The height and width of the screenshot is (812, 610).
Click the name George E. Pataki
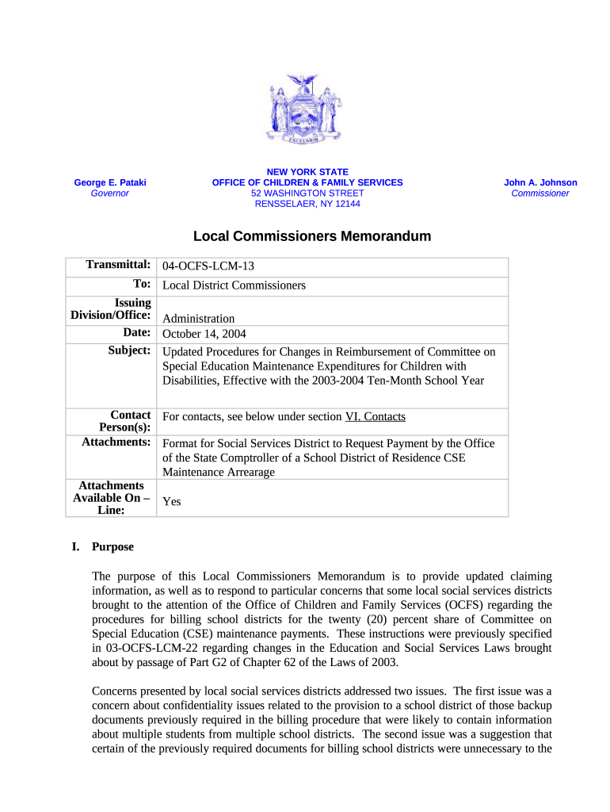coord(110,182)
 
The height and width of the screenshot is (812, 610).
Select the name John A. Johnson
coord(540,182)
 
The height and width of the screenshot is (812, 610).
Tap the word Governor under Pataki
coord(110,193)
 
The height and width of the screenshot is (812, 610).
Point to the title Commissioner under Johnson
coord(540,193)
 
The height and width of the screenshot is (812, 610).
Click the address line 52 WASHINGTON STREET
coord(307,193)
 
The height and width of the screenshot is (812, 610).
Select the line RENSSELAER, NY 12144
coord(307,204)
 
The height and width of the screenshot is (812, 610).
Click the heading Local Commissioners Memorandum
coord(312,236)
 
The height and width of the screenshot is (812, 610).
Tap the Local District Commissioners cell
coord(234,285)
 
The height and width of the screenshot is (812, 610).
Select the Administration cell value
coord(198,318)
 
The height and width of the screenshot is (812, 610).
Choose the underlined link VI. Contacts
coord(376,416)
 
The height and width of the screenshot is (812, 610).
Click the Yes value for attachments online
coord(171,501)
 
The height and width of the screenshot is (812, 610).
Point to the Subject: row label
coord(129,350)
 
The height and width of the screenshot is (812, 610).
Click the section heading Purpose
coord(112,546)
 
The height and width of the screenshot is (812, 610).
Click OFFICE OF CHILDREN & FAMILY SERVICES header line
coord(307,182)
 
